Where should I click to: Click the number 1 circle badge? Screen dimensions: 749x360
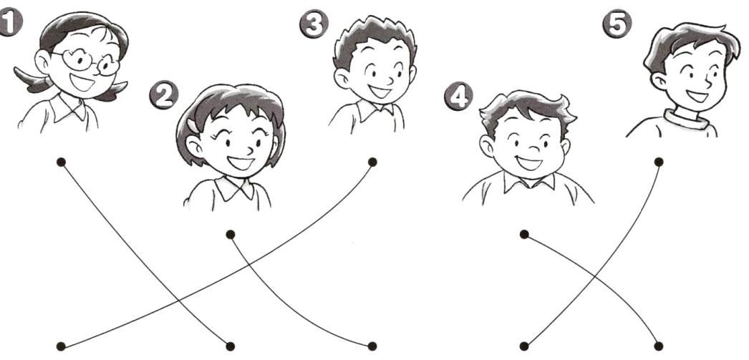[9, 22]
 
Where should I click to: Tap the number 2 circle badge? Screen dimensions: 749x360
[164, 94]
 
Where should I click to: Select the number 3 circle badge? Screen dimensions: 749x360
[314, 24]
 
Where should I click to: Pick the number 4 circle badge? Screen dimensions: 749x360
[458, 97]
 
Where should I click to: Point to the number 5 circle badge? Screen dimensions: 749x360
[617, 24]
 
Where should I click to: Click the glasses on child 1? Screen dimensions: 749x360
[86, 62]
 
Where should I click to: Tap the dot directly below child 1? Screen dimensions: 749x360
[61, 162]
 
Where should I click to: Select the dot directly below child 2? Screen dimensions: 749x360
[231, 235]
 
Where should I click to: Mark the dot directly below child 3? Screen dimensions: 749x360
[372, 162]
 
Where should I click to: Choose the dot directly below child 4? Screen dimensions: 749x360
[524, 235]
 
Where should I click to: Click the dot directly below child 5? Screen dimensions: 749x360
[659, 162]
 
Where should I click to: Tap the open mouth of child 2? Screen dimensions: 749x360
[241, 162]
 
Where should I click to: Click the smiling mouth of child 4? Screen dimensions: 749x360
[528, 162]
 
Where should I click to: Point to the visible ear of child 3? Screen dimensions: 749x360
[342, 79]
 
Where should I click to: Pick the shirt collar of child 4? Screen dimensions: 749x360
[529, 183]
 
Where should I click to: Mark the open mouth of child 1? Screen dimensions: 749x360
[82, 83]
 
